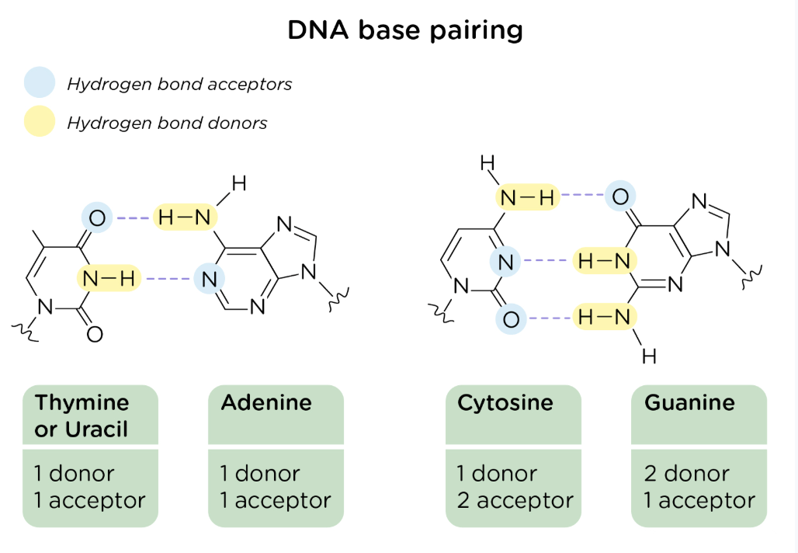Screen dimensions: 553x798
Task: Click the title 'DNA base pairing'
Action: click(405, 30)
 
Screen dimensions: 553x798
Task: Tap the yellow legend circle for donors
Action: click(40, 122)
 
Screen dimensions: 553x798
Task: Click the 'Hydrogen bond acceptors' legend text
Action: click(179, 84)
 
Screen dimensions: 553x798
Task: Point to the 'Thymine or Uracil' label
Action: click(82, 416)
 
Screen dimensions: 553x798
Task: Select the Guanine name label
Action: click(689, 403)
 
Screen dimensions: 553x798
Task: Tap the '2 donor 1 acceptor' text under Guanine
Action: click(699, 487)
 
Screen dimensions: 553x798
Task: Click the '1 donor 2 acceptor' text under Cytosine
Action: click(515, 487)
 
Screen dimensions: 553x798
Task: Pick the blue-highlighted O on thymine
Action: click(96, 218)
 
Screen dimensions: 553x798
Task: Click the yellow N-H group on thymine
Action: click(109, 277)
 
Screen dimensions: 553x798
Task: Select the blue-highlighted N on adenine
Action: click(208, 278)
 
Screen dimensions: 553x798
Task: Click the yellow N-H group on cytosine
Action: click(528, 198)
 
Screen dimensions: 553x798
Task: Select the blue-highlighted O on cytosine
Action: click(510, 318)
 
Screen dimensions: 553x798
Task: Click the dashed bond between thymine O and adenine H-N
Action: click(134, 218)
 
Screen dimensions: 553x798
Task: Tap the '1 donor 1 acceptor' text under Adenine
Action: click(275, 487)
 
